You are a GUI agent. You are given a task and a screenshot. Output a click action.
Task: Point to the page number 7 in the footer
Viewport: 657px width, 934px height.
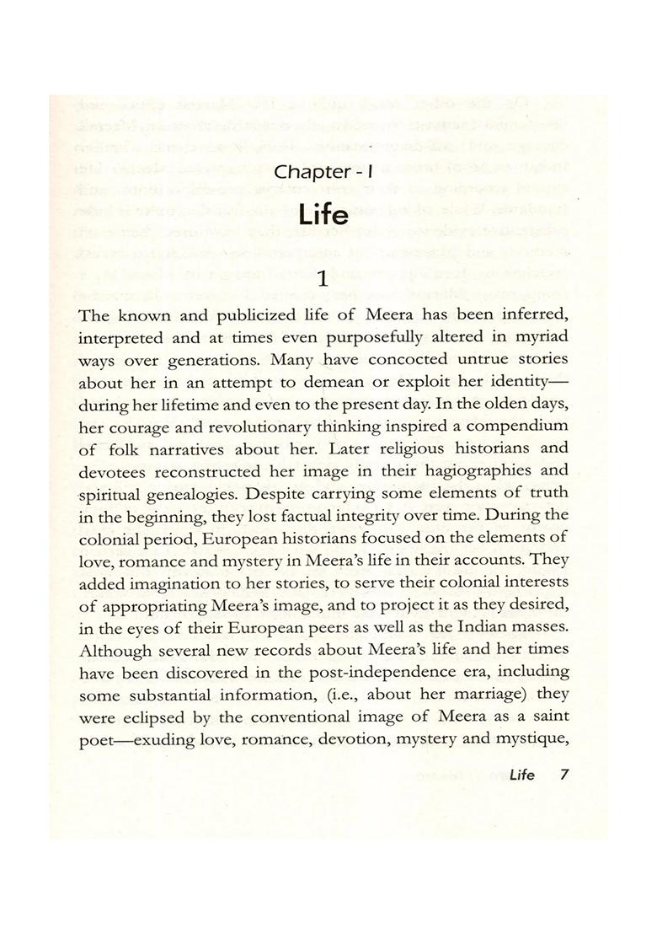(564, 776)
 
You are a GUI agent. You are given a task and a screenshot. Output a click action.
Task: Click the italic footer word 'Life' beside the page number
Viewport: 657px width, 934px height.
(521, 776)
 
